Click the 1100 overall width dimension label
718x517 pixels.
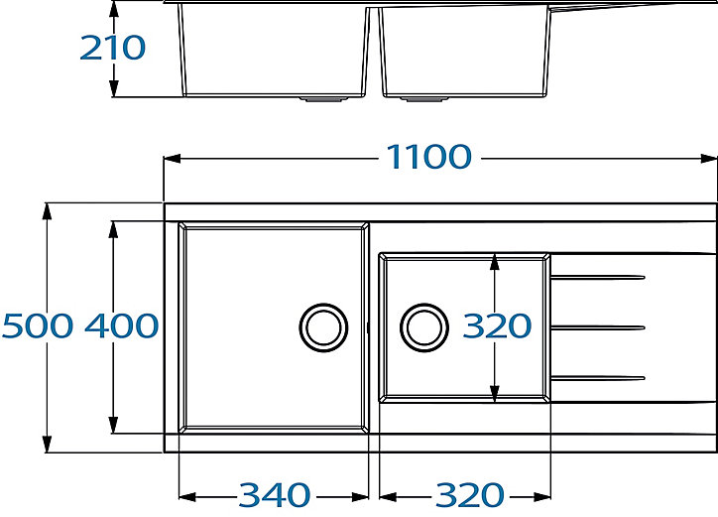[429, 157]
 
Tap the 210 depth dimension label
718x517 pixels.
[113, 48]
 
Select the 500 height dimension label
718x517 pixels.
[38, 325]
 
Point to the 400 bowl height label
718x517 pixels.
[122, 325]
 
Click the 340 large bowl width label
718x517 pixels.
[275, 495]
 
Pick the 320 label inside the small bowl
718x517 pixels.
[497, 325]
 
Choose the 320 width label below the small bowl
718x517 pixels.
[470, 495]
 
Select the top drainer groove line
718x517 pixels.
[598, 277]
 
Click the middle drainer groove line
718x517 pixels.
[598, 327]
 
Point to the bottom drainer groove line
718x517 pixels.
[598, 378]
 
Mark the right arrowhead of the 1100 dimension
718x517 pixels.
[708, 159]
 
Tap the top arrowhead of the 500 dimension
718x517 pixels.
[47, 212]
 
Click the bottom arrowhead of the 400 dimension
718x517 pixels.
[114, 424]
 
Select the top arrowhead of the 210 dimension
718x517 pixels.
[114, 9]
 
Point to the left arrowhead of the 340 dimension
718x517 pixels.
[187, 496]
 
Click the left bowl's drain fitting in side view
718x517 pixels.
[323, 98]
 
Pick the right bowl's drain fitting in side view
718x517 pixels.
[424, 98]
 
